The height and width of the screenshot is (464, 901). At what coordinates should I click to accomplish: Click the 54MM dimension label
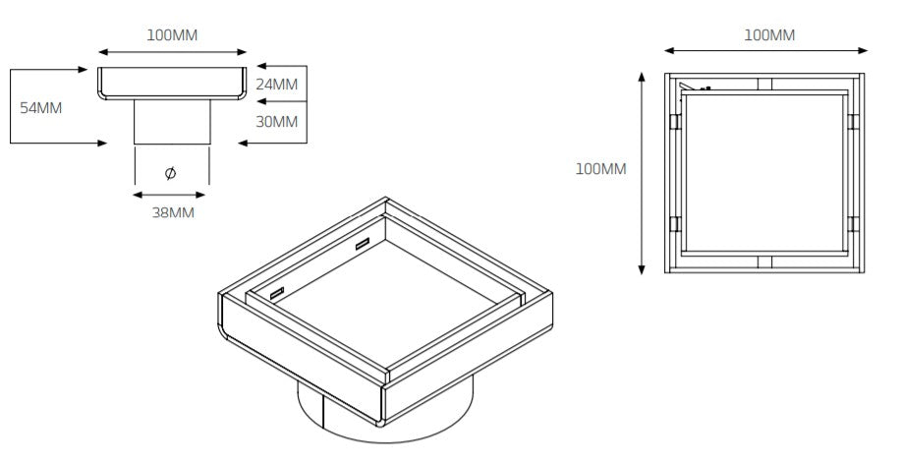point(41,107)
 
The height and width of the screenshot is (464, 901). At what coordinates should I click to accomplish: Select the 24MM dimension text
point(276,85)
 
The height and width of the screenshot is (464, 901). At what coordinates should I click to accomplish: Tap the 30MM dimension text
point(276,122)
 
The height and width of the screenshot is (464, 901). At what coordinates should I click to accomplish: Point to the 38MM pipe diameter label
point(173,212)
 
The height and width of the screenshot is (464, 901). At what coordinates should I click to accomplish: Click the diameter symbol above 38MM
point(171,173)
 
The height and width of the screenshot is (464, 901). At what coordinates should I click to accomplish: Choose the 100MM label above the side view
point(172,34)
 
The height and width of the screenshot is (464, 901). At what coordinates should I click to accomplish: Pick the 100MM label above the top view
point(768,34)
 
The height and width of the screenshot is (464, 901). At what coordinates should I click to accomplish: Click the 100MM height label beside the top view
point(600,169)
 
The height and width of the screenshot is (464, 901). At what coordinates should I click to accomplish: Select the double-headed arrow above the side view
point(172,52)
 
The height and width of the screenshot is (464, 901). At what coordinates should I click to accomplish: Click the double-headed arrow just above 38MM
point(172,195)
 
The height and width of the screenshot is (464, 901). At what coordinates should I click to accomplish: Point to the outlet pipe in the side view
point(172,122)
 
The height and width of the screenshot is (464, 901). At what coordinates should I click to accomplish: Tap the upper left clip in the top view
point(674,122)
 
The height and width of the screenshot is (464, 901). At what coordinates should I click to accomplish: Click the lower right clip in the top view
point(853,223)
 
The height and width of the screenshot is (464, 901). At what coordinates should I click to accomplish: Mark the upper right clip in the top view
point(853,122)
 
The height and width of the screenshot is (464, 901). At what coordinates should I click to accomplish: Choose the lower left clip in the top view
point(674,223)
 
